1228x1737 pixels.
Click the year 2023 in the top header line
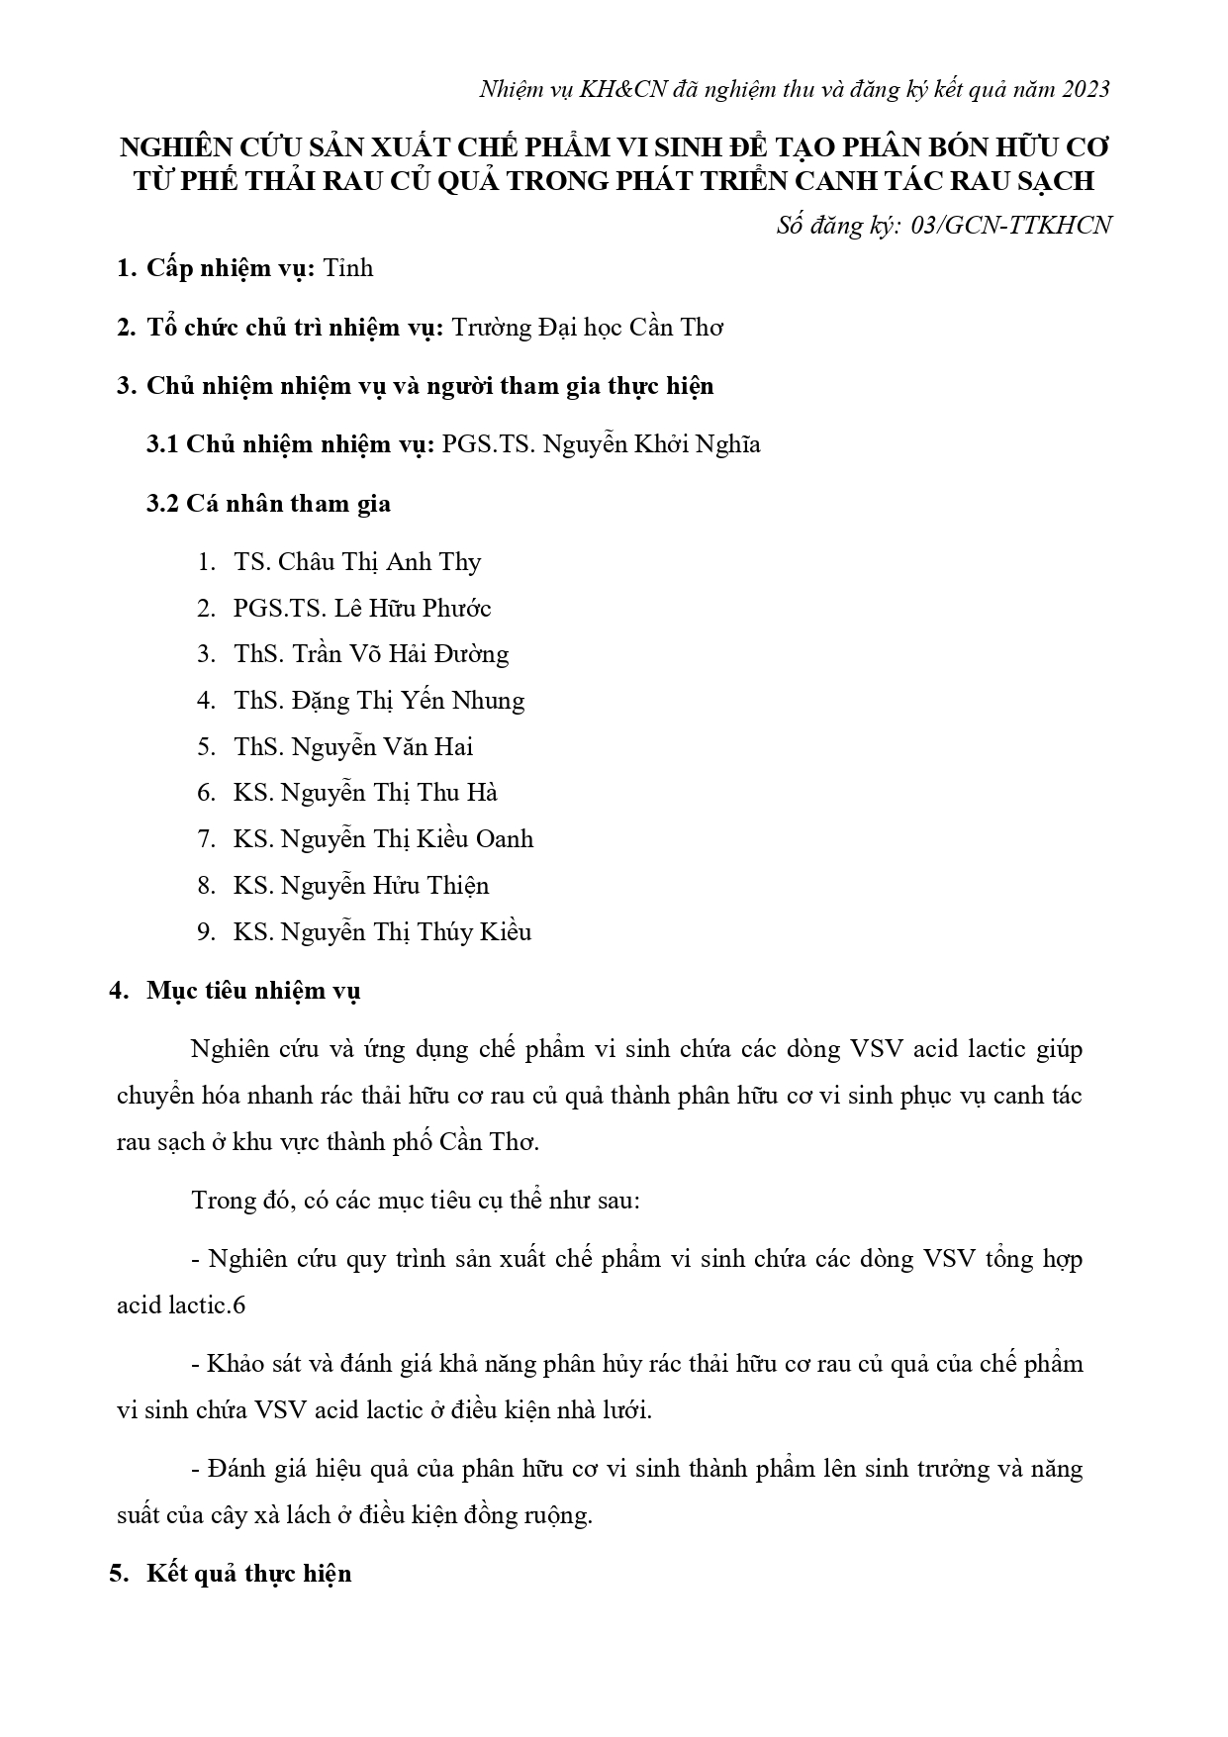click(1086, 89)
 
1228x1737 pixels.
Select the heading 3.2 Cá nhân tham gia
click(268, 504)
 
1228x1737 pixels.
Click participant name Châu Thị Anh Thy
click(379, 562)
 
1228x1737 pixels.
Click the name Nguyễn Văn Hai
click(382, 747)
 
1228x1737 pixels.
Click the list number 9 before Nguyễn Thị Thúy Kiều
click(205, 932)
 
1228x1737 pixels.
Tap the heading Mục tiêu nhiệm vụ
click(253, 991)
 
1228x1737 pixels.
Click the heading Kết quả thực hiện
click(248, 1574)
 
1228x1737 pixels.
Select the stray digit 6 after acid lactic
click(238, 1305)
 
